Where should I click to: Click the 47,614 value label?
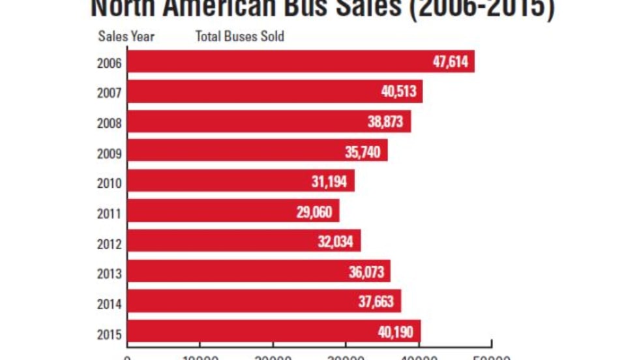click(x=451, y=62)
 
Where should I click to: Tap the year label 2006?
click(x=108, y=65)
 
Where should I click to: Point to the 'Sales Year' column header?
click(x=126, y=37)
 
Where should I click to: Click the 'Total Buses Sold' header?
click(x=240, y=37)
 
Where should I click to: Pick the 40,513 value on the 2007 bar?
click(x=398, y=92)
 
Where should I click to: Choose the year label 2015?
click(x=108, y=335)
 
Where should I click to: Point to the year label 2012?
click(x=108, y=245)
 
